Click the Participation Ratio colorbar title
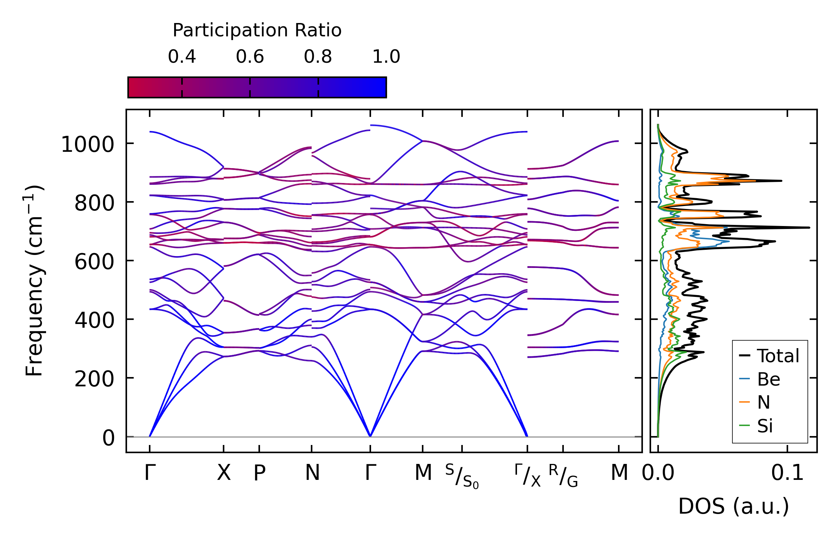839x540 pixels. tap(257, 30)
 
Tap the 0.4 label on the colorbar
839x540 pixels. tap(182, 57)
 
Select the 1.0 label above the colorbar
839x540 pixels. tap(386, 57)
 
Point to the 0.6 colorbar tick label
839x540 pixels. tap(250, 57)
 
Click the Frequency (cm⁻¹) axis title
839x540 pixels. tap(34, 281)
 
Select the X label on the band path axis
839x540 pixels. tap(224, 473)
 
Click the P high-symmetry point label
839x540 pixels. tap(259, 473)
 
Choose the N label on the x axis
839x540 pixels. tap(312, 473)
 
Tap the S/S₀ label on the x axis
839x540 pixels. tap(462, 477)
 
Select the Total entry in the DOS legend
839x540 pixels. tap(778, 356)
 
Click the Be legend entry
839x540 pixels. tap(768, 379)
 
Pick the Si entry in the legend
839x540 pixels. tap(765, 426)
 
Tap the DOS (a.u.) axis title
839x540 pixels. tap(734, 506)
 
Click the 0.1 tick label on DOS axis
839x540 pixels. tap(787, 473)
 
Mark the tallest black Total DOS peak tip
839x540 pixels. tap(809, 228)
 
